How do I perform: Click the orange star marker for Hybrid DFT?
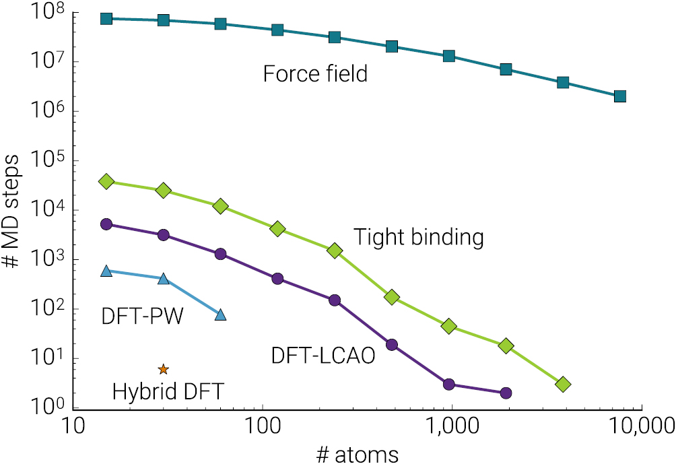(x=163, y=369)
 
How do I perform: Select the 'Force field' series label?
(x=315, y=73)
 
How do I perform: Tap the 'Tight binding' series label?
(x=419, y=237)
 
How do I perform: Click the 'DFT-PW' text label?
(x=142, y=316)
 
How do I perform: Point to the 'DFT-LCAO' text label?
(x=323, y=356)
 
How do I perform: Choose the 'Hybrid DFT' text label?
(x=168, y=391)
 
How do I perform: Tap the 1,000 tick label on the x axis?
(x=451, y=426)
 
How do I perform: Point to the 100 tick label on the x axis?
(x=262, y=426)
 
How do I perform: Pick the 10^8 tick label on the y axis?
(x=47, y=13)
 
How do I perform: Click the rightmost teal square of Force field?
(x=620, y=96)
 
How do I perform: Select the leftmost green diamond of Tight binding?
(x=106, y=182)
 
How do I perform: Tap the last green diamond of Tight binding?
(x=563, y=384)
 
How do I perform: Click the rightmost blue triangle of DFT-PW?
(x=220, y=314)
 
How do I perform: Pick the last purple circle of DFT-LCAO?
(x=506, y=393)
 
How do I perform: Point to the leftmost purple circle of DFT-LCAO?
(x=106, y=224)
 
